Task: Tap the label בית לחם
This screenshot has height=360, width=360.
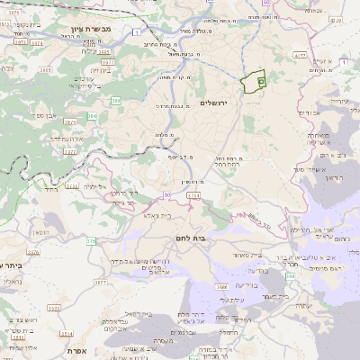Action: [212, 238]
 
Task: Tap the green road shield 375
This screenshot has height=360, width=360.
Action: [91, 241]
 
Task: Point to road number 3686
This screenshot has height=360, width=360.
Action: [221, 287]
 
